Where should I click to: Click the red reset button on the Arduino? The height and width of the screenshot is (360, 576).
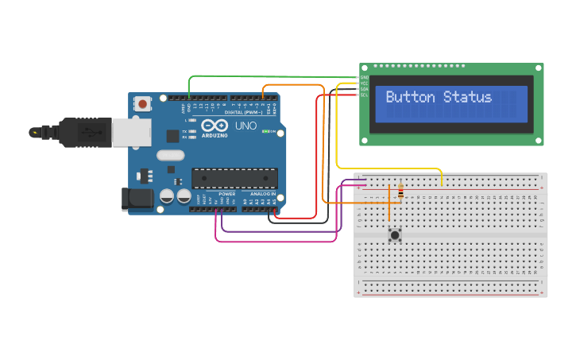pyautogui.click(x=143, y=103)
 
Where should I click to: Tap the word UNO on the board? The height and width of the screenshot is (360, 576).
pyautogui.click(x=245, y=126)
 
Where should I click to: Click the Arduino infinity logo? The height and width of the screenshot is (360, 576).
pyautogui.click(x=215, y=126)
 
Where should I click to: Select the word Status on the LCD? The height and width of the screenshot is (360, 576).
pyautogui.click(x=467, y=98)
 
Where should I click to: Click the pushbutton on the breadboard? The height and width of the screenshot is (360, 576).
pyautogui.click(x=394, y=234)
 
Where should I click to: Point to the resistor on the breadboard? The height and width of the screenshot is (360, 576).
pyautogui.click(x=400, y=192)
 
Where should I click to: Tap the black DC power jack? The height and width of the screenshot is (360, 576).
pyautogui.click(x=137, y=199)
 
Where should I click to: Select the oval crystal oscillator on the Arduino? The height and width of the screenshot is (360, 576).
pyautogui.click(x=170, y=156)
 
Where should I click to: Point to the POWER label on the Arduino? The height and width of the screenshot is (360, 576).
pyautogui.click(x=226, y=194)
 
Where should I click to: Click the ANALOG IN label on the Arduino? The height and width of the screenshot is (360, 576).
pyautogui.click(x=263, y=194)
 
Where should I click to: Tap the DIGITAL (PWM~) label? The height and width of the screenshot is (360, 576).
pyautogui.click(x=245, y=112)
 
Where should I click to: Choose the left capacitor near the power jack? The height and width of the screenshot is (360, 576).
pyautogui.click(x=167, y=195)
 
